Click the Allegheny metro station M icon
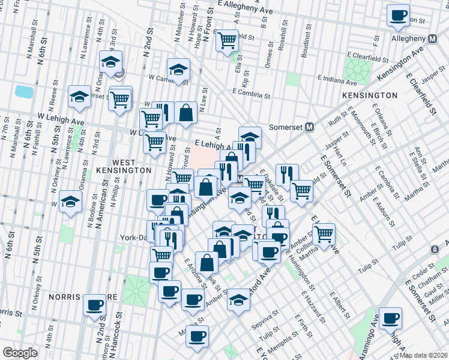point(432,38)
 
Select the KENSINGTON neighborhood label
point(369,95)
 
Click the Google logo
point(20,353)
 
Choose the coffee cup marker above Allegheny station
point(397,16)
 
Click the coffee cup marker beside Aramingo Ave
point(391,318)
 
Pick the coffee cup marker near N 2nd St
point(95,305)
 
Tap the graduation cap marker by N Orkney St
point(71,202)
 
